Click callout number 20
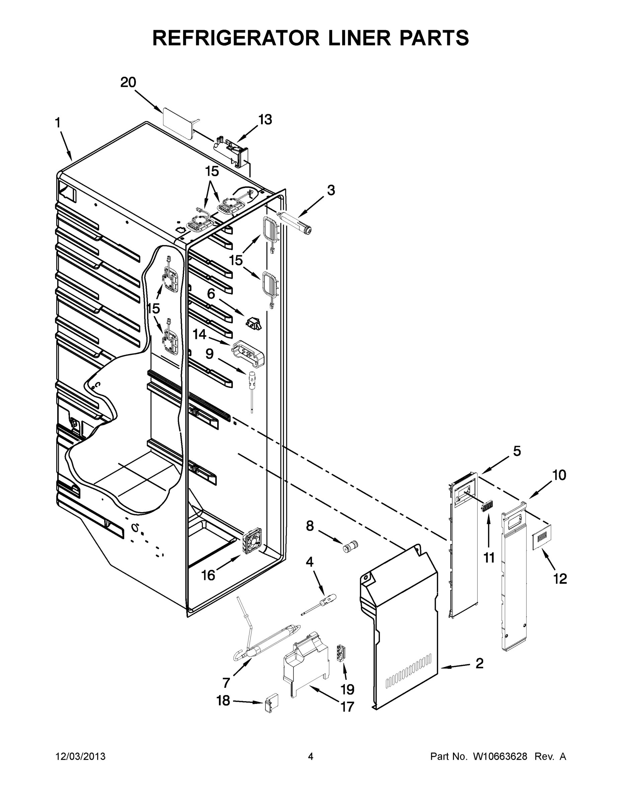(128, 82)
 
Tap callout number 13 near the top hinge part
(265, 120)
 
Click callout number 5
(517, 451)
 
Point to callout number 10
(559, 475)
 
